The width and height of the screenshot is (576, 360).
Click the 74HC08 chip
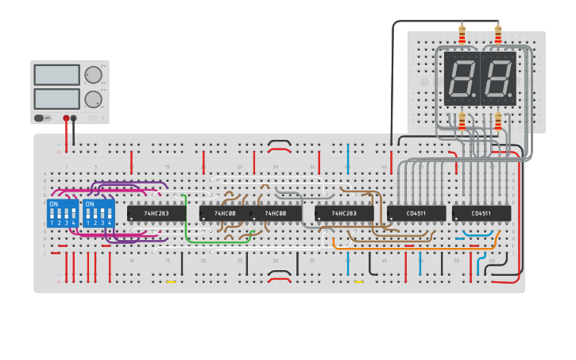click(226, 214)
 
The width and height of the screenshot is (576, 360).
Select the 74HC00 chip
click(276, 214)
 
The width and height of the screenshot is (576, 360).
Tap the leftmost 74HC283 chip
click(152, 214)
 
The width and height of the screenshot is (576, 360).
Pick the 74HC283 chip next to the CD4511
click(343, 214)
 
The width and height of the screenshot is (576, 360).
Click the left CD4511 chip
click(416, 214)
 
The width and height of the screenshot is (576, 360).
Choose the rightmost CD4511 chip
click(481, 214)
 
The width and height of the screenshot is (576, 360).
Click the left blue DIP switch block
click(63, 213)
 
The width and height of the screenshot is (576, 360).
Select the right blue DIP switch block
click(99, 213)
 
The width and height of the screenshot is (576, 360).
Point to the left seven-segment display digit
click(460, 79)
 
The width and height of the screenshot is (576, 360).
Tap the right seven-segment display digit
click(497, 79)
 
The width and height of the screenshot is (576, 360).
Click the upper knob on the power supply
click(93, 75)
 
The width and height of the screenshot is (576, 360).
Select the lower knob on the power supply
click(93, 99)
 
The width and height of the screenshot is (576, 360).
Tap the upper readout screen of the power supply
click(56, 75)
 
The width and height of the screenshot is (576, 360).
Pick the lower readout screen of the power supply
click(56, 99)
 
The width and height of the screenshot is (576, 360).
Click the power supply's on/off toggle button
click(39, 118)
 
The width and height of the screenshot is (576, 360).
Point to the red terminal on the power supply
click(66, 118)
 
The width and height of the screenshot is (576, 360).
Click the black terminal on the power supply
click(74, 118)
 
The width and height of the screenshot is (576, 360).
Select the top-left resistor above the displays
click(462, 36)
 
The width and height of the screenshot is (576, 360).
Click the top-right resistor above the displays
click(498, 36)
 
